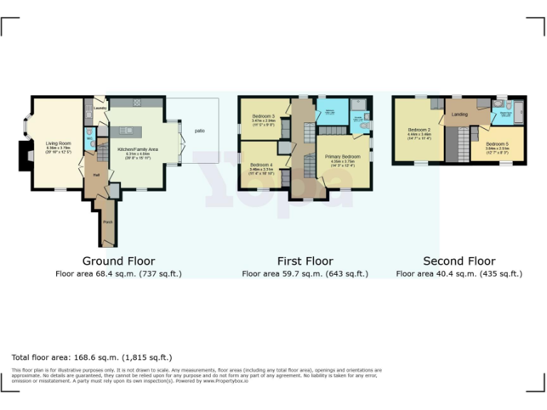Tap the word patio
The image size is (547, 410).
tap(199, 130)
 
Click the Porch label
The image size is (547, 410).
tap(108, 222)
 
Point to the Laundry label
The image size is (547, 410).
tap(100, 108)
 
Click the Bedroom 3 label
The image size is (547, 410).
tap(263, 116)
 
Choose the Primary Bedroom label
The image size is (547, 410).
tap(342, 156)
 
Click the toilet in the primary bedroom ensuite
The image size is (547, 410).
tap(365, 126)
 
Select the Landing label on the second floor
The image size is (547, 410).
tap(459, 114)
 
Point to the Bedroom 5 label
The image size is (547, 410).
tap(496, 144)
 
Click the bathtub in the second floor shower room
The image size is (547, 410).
tap(518, 113)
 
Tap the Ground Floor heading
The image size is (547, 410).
tap(118, 261)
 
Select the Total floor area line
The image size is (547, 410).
tap(92, 357)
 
